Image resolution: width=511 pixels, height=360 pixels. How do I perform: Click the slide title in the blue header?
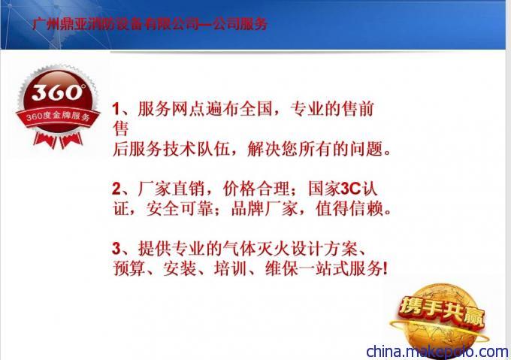point(150,24)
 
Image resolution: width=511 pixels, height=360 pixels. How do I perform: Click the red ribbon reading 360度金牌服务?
point(58,116)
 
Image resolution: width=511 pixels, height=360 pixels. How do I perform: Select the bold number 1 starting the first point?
point(116,109)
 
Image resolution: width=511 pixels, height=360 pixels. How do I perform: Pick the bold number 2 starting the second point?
point(116,189)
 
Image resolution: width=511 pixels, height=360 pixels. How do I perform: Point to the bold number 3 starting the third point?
point(116,249)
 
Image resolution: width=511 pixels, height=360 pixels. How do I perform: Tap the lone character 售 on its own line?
point(120,129)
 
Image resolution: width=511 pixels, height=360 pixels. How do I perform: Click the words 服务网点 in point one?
point(171,109)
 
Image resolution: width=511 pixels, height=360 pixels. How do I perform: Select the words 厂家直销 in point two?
point(171,189)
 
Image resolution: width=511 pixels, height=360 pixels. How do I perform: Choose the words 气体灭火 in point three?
point(255,249)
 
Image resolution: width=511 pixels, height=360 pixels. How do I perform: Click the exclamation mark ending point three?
point(386,269)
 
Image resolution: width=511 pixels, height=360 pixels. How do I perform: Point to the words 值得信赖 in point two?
point(349,208)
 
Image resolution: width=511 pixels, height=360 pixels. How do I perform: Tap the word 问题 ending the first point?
point(367,150)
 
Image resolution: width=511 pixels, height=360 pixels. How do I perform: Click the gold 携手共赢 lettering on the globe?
point(442,311)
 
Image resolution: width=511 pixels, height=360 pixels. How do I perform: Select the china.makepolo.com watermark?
point(437,352)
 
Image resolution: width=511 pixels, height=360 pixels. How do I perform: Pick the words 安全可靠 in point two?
point(180,208)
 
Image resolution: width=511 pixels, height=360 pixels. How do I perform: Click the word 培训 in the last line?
point(231,269)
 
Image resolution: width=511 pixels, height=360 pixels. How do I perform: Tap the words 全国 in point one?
point(255,109)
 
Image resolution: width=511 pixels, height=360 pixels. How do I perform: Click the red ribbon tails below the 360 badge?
point(57,141)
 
